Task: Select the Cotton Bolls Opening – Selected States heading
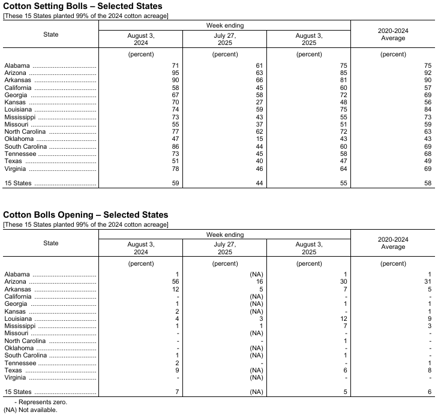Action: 86,215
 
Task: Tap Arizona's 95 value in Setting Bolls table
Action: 176,73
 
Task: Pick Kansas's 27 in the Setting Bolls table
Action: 260,103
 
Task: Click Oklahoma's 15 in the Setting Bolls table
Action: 260,139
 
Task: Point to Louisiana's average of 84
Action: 428,110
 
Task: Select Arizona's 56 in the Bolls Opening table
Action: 176,281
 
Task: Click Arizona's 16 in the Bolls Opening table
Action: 260,281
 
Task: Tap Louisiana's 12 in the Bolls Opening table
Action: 344,318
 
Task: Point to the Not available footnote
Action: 30,410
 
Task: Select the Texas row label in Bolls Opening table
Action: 13,370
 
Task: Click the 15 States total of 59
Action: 176,183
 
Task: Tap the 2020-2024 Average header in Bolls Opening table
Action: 393,243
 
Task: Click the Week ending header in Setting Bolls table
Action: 225,25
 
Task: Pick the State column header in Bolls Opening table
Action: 51,243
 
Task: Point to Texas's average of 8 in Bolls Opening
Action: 430,370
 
